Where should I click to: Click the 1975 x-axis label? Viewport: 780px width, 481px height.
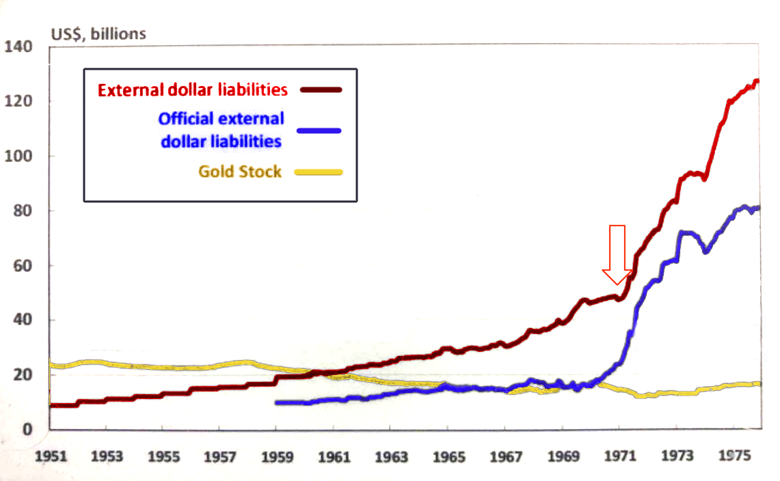[731, 456]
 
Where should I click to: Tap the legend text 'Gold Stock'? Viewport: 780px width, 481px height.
[240, 171]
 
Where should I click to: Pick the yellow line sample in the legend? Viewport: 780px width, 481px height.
[318, 172]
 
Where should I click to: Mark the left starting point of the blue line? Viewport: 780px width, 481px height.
[276, 402]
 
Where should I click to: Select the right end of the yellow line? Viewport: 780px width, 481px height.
[759, 384]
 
